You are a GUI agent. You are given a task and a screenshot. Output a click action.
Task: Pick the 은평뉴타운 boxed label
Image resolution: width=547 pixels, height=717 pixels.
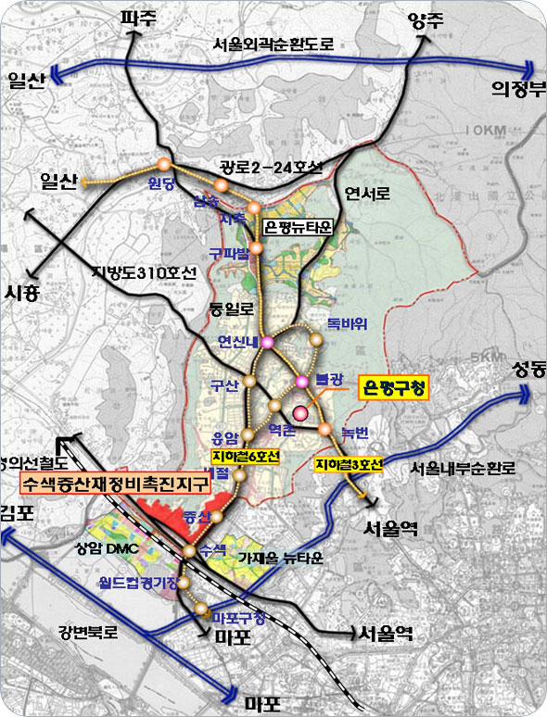296,226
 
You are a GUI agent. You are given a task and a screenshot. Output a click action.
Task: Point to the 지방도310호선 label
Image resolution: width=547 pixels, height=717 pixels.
146,272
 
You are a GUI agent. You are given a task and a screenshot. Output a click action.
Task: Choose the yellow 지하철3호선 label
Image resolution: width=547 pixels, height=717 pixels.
349,464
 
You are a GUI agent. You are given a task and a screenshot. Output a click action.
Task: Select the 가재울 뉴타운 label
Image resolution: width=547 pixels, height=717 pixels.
280,558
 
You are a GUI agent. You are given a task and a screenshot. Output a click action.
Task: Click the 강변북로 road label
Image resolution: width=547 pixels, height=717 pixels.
87,634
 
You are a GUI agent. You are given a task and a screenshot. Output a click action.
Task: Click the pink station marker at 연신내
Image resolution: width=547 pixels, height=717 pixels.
267,344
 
